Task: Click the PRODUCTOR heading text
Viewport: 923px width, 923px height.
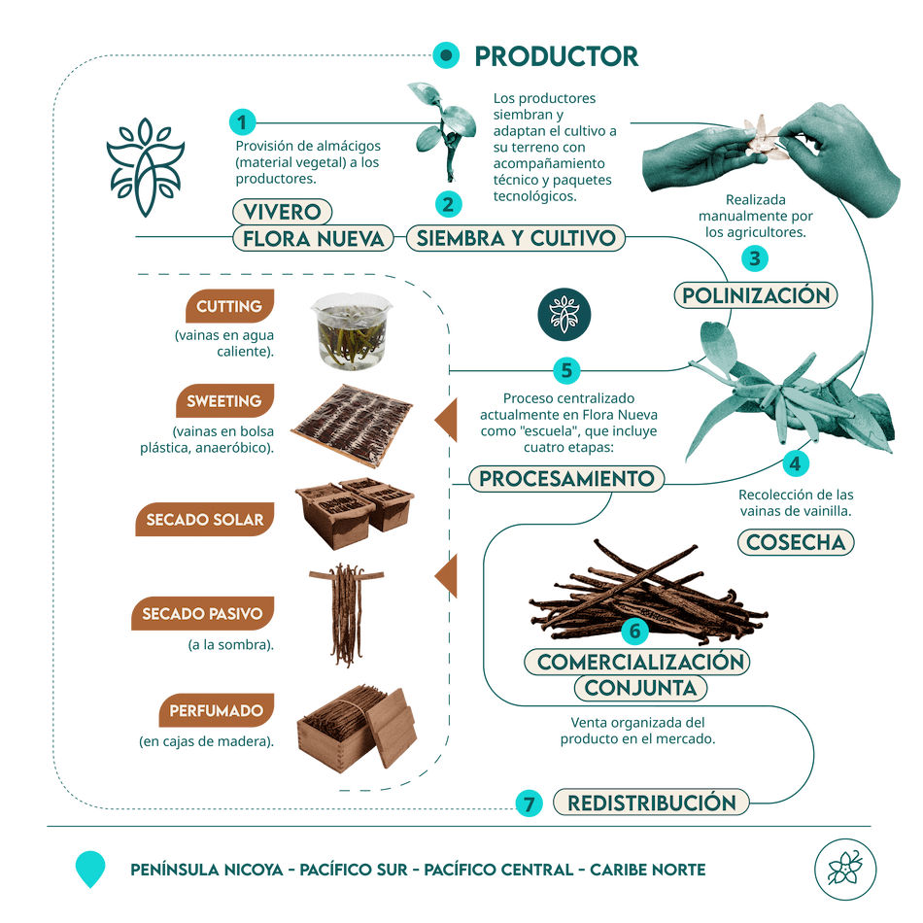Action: (x=556, y=56)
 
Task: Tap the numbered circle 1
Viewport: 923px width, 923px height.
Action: (x=242, y=122)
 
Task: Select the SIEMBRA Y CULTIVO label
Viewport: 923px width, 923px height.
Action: (x=514, y=238)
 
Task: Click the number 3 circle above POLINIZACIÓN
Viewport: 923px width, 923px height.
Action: (x=754, y=258)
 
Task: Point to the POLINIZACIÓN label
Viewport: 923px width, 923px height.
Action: (x=755, y=295)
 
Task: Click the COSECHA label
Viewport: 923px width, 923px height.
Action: (x=797, y=542)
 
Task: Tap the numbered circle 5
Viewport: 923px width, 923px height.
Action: (x=566, y=370)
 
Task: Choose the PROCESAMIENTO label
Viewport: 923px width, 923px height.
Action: (x=567, y=479)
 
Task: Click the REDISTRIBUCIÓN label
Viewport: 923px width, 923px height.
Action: (x=651, y=803)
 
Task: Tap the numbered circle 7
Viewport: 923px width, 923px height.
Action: (x=529, y=803)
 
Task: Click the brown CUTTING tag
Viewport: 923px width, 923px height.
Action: (x=229, y=307)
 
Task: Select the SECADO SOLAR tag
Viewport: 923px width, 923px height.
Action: (x=205, y=520)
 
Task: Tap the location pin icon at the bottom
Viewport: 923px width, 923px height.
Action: (x=90, y=868)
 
